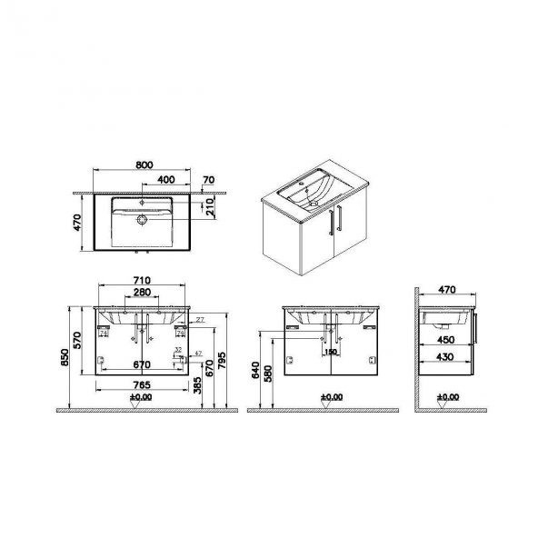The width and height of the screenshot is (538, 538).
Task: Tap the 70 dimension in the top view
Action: pos(209,180)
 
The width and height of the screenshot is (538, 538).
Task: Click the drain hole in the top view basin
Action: pos(142,220)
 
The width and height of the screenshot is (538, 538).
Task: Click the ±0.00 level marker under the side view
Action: pos(448,397)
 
